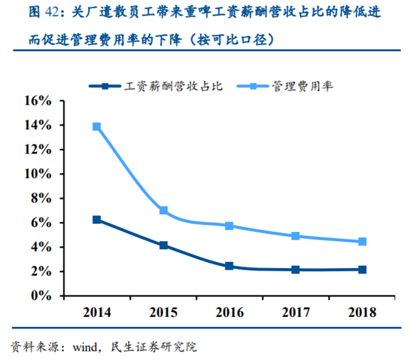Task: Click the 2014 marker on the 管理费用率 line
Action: [x=96, y=127]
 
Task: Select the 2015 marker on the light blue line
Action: [x=163, y=210]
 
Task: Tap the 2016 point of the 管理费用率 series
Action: [x=230, y=226]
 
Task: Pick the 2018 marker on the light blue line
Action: [x=363, y=242]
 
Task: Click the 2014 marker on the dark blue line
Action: [x=96, y=220]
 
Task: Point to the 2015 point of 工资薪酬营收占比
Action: [x=163, y=246]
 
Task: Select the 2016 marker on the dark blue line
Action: [x=230, y=266]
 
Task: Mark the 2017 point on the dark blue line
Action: [x=296, y=270]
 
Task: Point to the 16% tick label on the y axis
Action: [x=37, y=100]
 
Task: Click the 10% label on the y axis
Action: [x=37, y=173]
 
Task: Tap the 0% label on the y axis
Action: [x=41, y=296]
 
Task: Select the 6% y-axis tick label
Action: [x=41, y=223]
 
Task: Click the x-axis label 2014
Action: [x=96, y=312]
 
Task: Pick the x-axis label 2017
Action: [x=296, y=312]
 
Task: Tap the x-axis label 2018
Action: [x=363, y=312]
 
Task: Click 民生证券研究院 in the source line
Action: [x=157, y=347]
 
